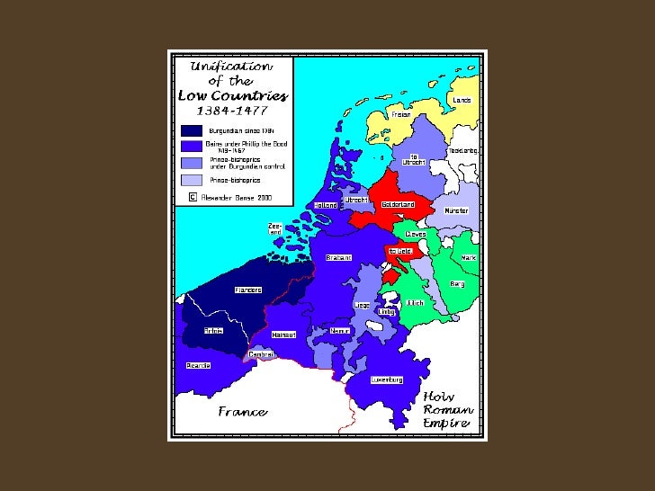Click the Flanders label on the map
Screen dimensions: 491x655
[x=247, y=290]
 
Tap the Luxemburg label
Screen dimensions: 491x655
[x=386, y=379]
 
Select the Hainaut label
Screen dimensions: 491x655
[x=283, y=335]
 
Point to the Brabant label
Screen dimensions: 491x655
[x=338, y=257]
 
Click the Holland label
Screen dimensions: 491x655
[x=326, y=205]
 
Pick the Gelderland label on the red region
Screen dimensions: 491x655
[x=397, y=204]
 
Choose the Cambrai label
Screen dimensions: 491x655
[x=261, y=353]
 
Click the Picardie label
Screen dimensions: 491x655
[x=198, y=364]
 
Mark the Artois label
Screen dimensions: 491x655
[x=212, y=331]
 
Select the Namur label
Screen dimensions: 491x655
[x=339, y=330]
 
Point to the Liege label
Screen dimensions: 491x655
[x=362, y=305]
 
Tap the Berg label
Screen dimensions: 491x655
[x=457, y=283]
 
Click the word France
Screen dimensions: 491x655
[x=242, y=412]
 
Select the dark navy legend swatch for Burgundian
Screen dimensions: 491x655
[x=192, y=130]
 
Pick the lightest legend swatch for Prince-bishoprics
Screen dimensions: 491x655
[x=192, y=179]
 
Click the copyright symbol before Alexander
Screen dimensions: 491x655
[x=192, y=194]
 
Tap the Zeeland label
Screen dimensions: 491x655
[x=275, y=228]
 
